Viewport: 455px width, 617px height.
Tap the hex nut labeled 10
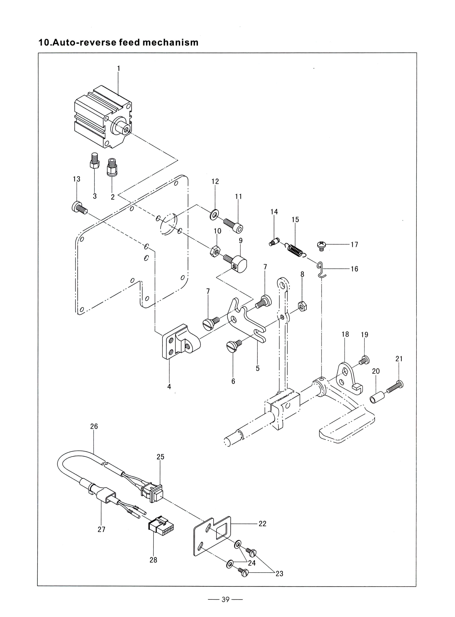(215, 251)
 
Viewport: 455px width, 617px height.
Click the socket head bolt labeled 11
(233, 225)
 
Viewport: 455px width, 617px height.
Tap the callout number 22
(262, 524)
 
